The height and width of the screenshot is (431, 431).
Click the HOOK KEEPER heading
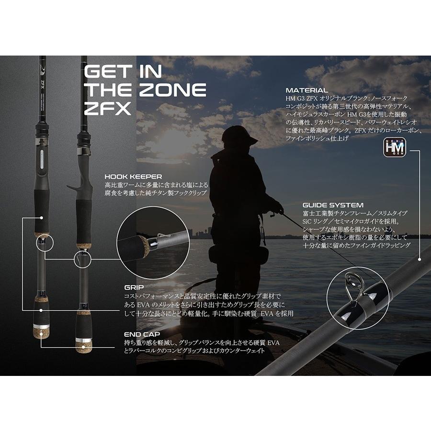(x=133, y=177)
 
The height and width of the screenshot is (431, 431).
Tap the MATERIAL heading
(x=307, y=90)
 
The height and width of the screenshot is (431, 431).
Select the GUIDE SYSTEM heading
(x=333, y=205)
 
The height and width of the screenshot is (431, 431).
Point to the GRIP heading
(x=134, y=287)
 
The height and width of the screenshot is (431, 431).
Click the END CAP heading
(x=142, y=334)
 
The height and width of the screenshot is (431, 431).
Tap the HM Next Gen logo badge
(x=395, y=147)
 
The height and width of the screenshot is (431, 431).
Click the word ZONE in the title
(x=172, y=90)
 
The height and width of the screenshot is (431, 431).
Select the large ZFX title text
(x=107, y=109)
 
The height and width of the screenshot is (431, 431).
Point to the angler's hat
(x=238, y=136)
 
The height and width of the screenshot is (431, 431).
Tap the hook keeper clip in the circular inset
(x=162, y=236)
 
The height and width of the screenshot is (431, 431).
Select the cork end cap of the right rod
(x=83, y=348)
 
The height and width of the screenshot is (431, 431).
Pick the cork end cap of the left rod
(x=42, y=333)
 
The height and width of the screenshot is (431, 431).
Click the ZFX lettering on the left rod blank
(x=43, y=82)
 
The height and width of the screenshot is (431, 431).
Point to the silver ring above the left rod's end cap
(x=41, y=326)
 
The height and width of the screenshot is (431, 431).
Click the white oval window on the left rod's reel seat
(x=42, y=159)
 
